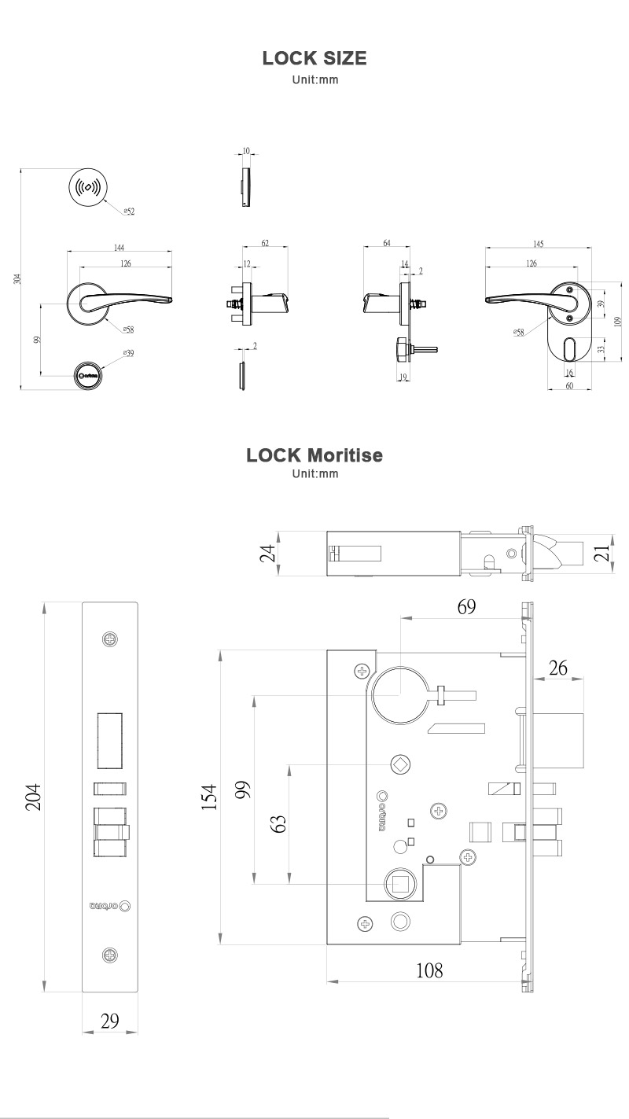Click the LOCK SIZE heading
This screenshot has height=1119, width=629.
[x=314, y=59]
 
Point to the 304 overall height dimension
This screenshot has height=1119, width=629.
[x=17, y=278]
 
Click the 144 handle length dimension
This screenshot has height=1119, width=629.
[x=120, y=248]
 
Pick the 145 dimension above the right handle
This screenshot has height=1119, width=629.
[x=538, y=245]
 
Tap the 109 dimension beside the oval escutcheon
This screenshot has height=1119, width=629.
[x=618, y=320]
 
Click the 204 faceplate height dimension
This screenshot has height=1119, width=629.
[x=31, y=797]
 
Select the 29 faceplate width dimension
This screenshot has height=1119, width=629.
[x=110, y=1021]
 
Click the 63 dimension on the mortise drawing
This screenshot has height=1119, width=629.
[x=278, y=823]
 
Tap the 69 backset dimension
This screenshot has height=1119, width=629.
[x=466, y=607]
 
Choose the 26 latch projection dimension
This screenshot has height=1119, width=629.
[x=558, y=668]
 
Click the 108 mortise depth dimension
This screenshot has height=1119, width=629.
[x=429, y=970]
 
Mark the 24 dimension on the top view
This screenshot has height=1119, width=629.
[x=268, y=554]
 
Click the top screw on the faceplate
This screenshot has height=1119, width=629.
[x=110, y=639]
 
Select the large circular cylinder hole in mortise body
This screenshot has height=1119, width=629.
[x=400, y=696]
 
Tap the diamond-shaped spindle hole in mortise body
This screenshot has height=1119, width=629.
[x=400, y=765]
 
